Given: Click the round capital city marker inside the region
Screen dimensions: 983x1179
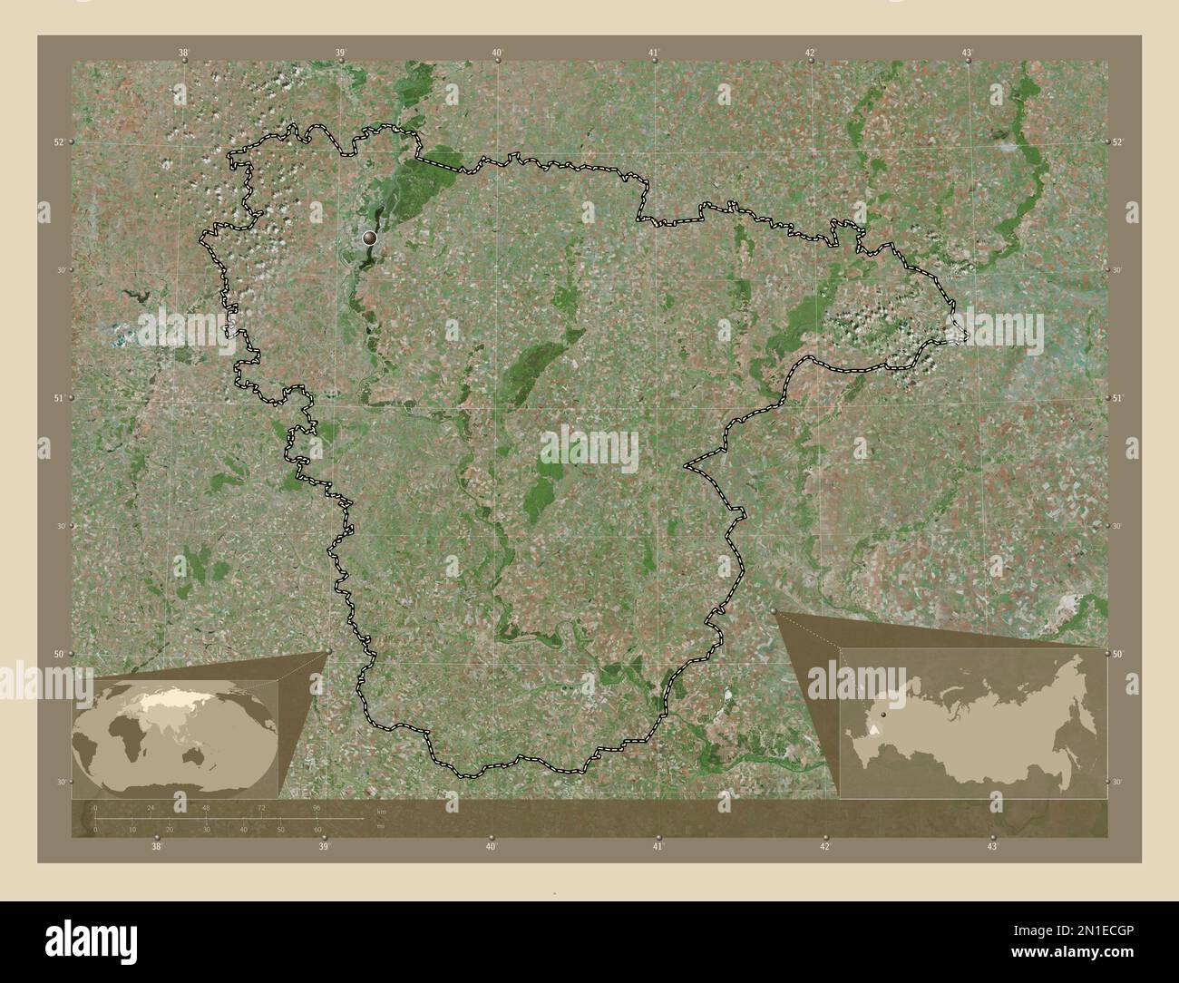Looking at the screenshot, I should click(x=368, y=238).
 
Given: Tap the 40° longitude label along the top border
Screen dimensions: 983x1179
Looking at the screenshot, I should click(x=497, y=54).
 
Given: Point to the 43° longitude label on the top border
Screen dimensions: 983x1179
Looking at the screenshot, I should click(x=968, y=54).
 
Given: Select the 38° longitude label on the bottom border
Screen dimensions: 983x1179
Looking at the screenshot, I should click(x=157, y=847).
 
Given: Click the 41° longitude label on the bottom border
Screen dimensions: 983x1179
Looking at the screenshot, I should click(x=658, y=847).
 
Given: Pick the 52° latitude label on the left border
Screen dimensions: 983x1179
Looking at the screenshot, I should click(x=57, y=141).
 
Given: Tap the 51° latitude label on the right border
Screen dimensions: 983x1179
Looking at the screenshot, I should click(x=1117, y=398).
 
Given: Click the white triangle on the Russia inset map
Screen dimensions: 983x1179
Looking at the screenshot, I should click(x=873, y=728).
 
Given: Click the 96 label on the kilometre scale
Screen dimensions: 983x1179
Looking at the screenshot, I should click(x=316, y=807).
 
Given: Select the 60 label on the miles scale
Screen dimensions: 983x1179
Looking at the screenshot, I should click(x=317, y=829).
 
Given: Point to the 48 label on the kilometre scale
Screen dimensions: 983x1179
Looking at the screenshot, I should click(x=206, y=807).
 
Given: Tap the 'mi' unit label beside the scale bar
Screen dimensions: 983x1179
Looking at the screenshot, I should click(x=379, y=825).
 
